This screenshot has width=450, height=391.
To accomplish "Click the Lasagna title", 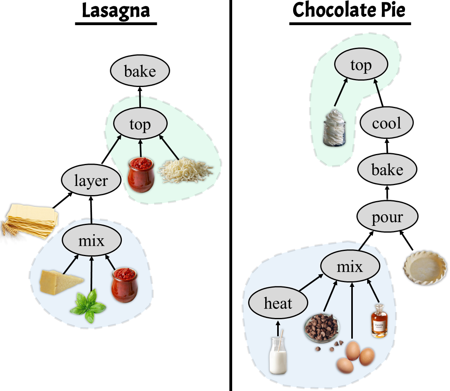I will pyautogui.click(x=115, y=11).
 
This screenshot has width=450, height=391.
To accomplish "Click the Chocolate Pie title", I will pyautogui.click(x=350, y=11).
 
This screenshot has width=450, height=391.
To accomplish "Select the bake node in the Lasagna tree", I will pyautogui.click(x=140, y=72).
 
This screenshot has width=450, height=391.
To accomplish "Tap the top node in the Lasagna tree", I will pyautogui.click(x=140, y=124).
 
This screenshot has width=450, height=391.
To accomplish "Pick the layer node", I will pyautogui.click(x=91, y=181).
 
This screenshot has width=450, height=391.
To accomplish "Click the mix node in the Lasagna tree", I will pyautogui.click(x=92, y=241).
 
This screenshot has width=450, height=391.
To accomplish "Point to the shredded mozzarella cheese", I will pyautogui.click(x=185, y=171).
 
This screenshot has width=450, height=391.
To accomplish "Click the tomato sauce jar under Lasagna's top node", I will pyautogui.click(x=141, y=175).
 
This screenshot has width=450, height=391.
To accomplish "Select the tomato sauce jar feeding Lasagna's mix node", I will pyautogui.click(x=124, y=285).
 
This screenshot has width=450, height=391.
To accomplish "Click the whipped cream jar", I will pyautogui.click(x=334, y=128).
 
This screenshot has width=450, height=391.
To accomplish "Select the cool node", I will pyautogui.click(x=387, y=123).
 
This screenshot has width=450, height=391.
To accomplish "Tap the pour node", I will pyautogui.click(x=387, y=217).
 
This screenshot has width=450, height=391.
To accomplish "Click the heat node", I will pyautogui.click(x=278, y=304).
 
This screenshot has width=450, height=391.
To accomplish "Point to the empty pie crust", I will pyautogui.click(x=425, y=267).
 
